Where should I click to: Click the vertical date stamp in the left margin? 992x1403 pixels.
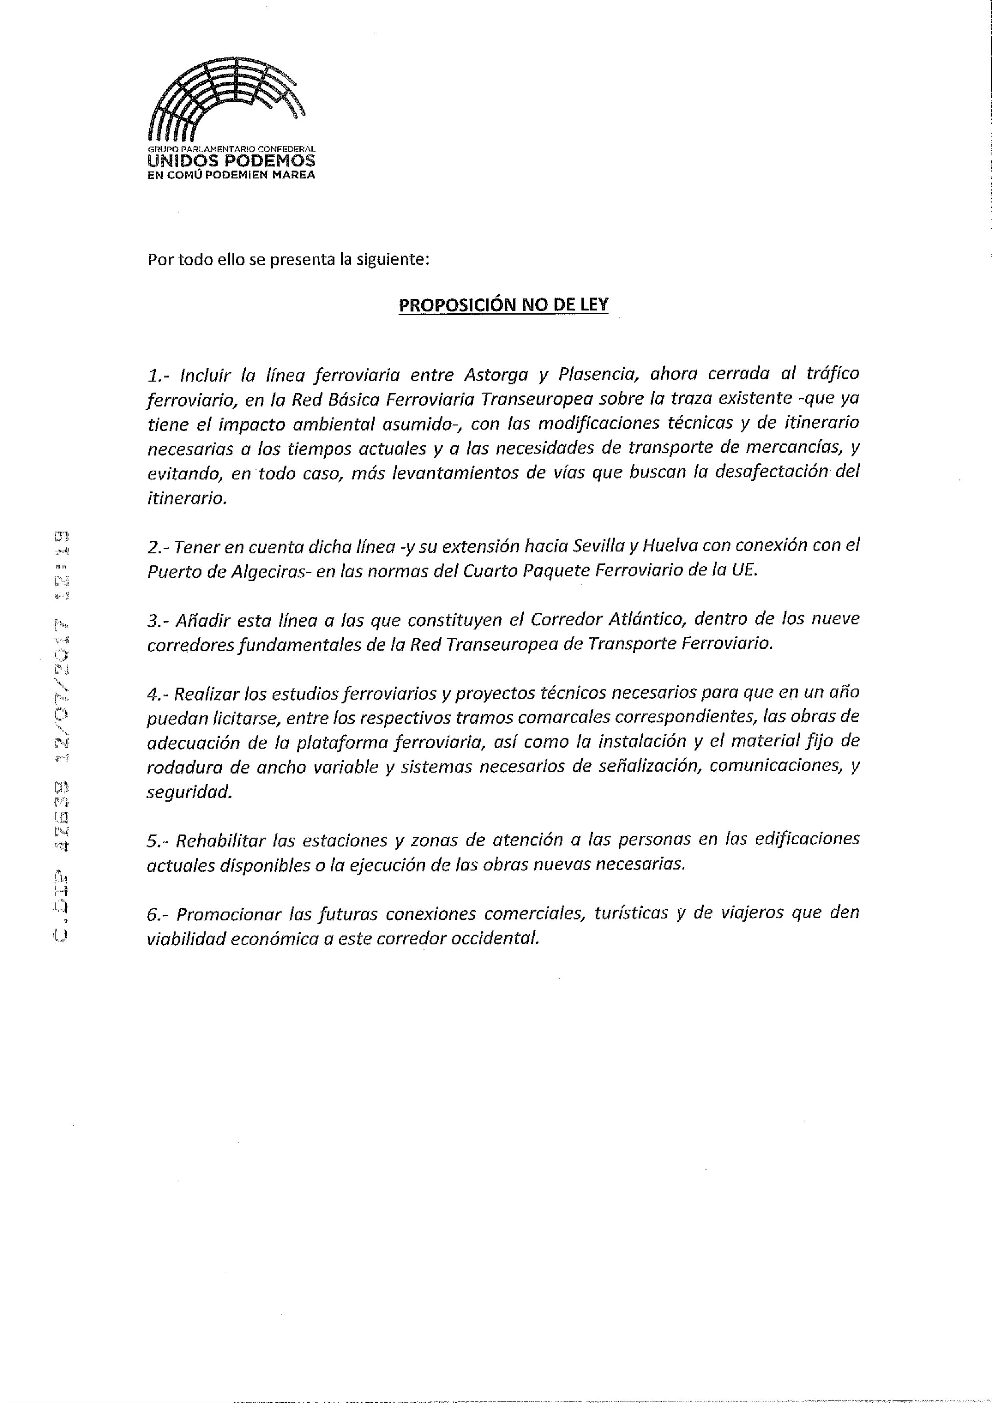[60, 733]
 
